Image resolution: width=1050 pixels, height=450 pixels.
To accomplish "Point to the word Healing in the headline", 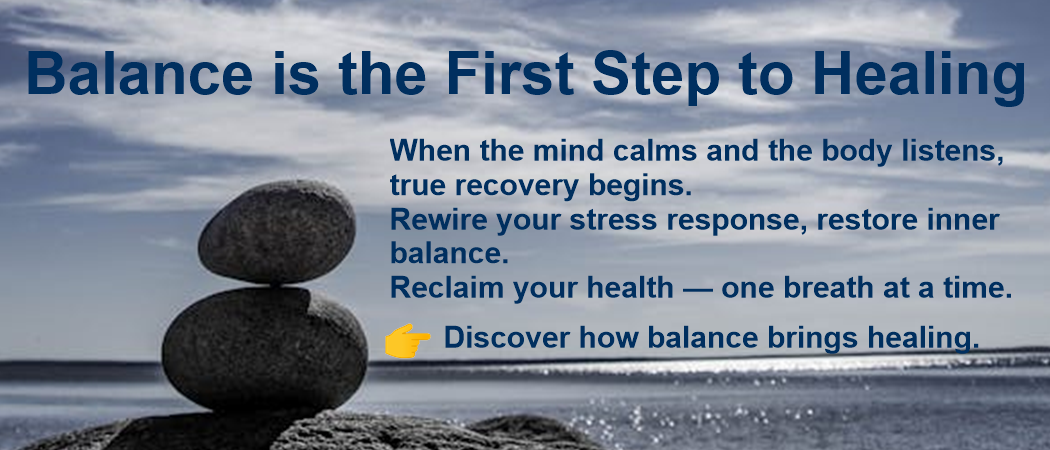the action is click(x=919, y=77).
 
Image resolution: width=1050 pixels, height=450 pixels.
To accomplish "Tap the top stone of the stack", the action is click(x=277, y=231).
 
